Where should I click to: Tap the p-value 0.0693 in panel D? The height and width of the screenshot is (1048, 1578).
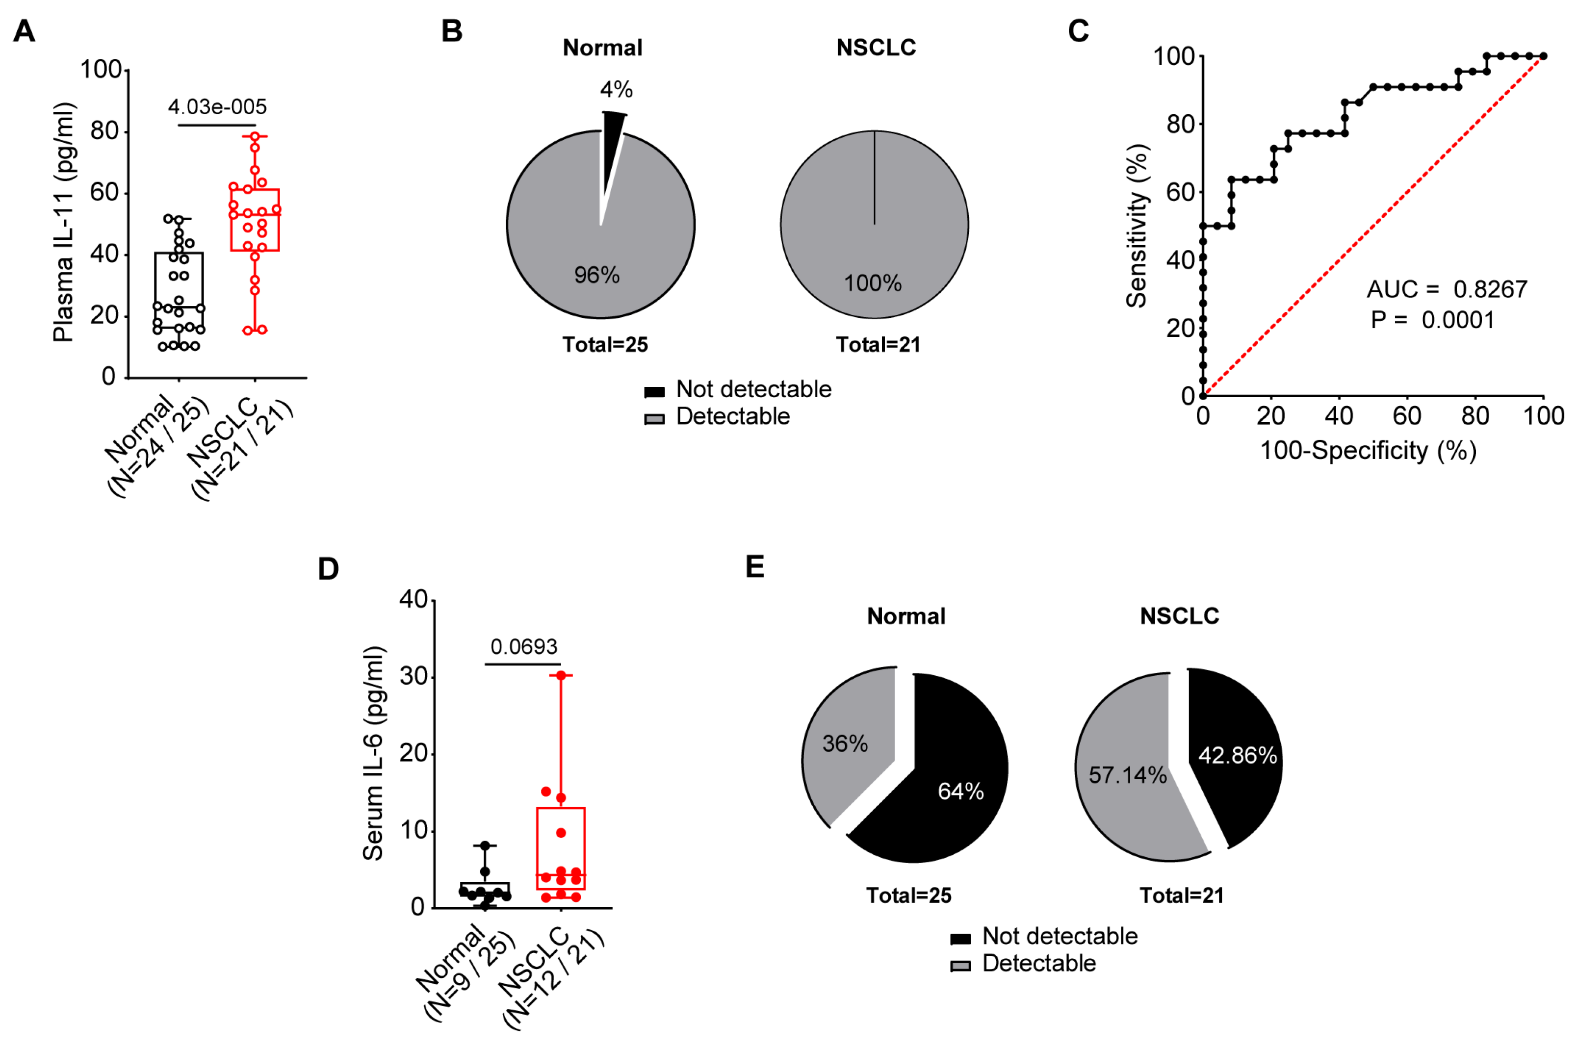pos(523,646)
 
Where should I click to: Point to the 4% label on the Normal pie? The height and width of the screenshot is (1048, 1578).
pos(616,90)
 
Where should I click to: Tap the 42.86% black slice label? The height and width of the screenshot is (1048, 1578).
pos(1237,755)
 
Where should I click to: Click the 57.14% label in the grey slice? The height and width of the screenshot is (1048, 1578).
pos(1128,775)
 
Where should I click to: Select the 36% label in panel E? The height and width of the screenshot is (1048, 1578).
pos(845,743)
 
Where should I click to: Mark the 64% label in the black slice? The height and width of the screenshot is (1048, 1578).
pos(960,792)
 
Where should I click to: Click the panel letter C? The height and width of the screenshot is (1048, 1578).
pos(1078,31)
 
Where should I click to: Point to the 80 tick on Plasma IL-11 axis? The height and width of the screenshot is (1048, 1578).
pos(104,131)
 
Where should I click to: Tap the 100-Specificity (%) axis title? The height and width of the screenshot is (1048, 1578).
pos(1368,451)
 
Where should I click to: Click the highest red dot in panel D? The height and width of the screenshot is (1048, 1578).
pos(561,676)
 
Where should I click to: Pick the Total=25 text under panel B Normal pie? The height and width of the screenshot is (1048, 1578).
pos(605,345)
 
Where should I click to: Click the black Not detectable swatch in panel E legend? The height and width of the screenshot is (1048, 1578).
pos(960,938)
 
